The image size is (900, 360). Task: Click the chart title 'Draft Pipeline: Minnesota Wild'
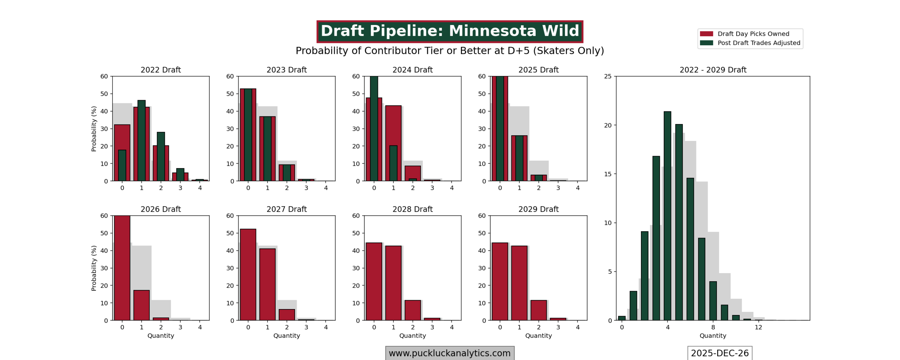tap(450, 31)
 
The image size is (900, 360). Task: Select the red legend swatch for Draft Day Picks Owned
tap(706, 34)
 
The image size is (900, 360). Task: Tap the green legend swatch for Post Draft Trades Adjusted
tap(706, 43)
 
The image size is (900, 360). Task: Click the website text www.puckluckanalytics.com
tap(450, 353)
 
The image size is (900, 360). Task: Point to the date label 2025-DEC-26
tap(720, 353)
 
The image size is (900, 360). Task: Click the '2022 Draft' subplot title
tap(161, 70)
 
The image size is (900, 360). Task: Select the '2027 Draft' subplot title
tap(287, 209)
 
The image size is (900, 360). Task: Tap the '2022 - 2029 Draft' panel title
tap(713, 70)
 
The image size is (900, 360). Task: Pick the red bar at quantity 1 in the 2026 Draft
tap(141, 305)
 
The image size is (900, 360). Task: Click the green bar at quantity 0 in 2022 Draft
tap(122, 165)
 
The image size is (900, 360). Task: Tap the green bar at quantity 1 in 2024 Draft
tap(393, 163)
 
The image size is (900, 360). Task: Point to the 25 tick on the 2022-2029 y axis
tap(608, 76)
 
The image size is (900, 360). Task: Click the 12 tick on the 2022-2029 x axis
tap(758, 327)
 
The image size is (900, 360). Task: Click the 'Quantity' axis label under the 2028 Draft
tap(412, 336)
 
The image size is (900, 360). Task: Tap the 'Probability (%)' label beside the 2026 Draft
tap(94, 268)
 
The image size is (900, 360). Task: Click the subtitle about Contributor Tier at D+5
tap(450, 51)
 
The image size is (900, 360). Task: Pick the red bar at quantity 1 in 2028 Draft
tap(393, 283)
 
